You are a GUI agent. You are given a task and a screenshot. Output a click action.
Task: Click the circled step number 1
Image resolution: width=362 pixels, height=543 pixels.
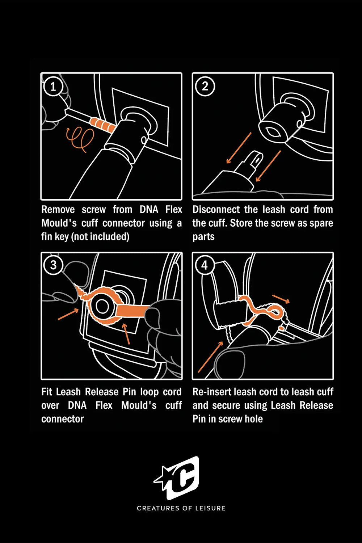pyautogui.click(x=53, y=87)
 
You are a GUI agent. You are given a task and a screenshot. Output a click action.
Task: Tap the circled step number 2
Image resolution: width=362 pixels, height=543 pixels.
pyautogui.click(x=205, y=87)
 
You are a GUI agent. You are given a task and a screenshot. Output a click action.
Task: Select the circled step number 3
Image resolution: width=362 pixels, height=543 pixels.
pyautogui.click(x=53, y=265)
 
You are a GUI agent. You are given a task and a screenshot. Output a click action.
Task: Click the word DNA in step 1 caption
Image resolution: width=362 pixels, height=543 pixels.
pyautogui.click(x=149, y=210)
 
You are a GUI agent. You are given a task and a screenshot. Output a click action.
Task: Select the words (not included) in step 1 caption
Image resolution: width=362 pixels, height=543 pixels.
pyautogui.click(x=100, y=237)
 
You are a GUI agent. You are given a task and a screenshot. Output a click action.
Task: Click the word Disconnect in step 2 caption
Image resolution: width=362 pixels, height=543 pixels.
pyautogui.click(x=216, y=210)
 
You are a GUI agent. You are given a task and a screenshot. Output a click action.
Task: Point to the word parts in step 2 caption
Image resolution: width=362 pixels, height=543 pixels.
pyautogui.click(x=203, y=237)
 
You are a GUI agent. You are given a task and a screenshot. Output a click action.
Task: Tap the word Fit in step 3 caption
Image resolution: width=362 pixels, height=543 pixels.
pyautogui.click(x=46, y=392)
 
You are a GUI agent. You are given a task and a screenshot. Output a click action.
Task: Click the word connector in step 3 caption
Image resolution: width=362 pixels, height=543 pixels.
pyautogui.click(x=63, y=419)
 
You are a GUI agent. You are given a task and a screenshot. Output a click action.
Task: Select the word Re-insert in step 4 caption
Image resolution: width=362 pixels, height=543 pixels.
pyautogui.click(x=212, y=392)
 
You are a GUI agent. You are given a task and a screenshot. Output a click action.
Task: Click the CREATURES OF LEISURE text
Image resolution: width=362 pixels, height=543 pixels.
pyautogui.click(x=181, y=508)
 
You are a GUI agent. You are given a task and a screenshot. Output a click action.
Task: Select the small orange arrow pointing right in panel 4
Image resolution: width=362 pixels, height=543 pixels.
pyautogui.click(x=281, y=299)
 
